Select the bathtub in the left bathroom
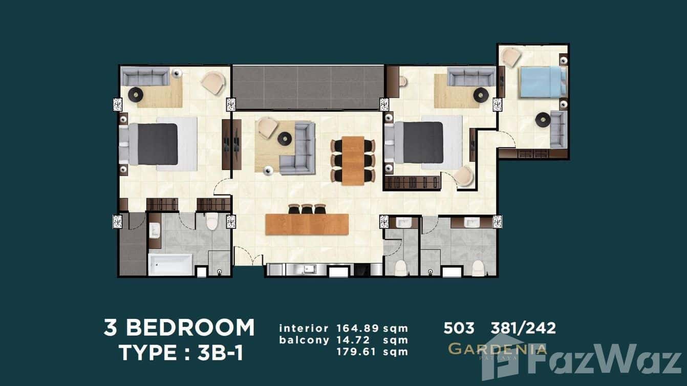click(170, 264)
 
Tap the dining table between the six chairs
click(353, 160)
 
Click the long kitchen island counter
click(307, 224)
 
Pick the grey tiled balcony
click(308, 87)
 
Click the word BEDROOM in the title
click(190, 328)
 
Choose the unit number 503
click(459, 328)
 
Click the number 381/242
click(523, 328)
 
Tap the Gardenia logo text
click(497, 350)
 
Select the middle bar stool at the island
click(307, 209)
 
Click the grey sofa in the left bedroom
click(145, 77)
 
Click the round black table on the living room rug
click(284, 138)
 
